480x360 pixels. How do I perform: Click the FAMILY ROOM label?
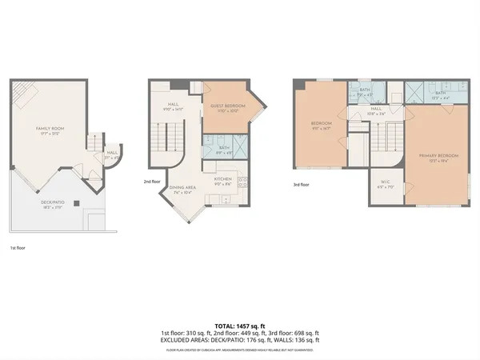49,128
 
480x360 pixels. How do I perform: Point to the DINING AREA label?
182,186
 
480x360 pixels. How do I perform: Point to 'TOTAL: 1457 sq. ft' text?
239,326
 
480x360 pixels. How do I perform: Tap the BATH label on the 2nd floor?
224,147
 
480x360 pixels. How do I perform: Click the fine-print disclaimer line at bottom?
239,349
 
